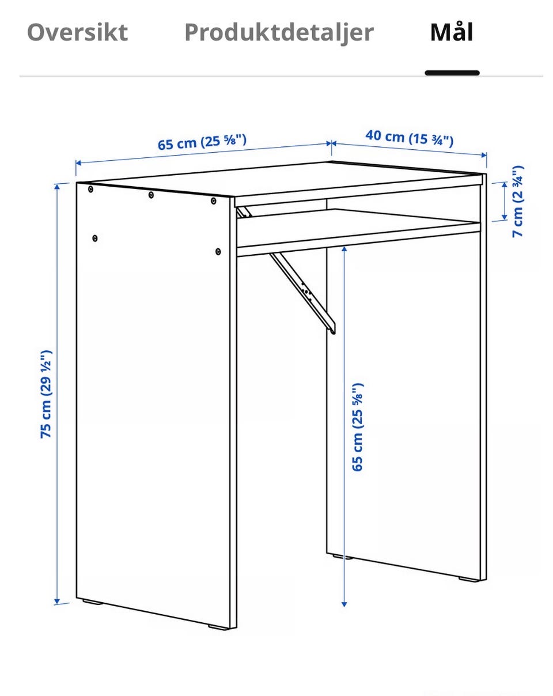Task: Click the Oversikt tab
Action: pyautogui.click(x=78, y=32)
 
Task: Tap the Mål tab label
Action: pyautogui.click(x=452, y=32)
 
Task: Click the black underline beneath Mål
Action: pyautogui.click(x=452, y=73)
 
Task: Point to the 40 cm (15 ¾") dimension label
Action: pyautogui.click(x=410, y=138)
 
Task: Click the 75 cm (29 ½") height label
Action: pyautogui.click(x=46, y=394)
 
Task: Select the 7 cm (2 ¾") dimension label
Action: pyautogui.click(x=517, y=202)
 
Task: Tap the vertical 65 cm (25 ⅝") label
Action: pyautogui.click(x=357, y=427)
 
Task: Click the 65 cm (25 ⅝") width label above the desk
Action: pyautogui.click(x=202, y=142)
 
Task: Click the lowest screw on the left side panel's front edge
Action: pyautogui.click(x=218, y=251)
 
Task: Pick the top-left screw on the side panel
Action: pyautogui.click(x=90, y=189)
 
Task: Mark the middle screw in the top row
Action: pyautogui.click(x=151, y=195)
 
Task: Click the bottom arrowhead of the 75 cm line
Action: pyautogui.click(x=57, y=601)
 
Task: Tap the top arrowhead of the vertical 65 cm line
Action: pyautogui.click(x=344, y=249)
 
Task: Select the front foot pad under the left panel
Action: pyautogui.click(x=218, y=627)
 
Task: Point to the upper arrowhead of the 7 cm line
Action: pyautogui.click(x=504, y=186)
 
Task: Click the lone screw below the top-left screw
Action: pyautogui.click(x=94, y=239)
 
